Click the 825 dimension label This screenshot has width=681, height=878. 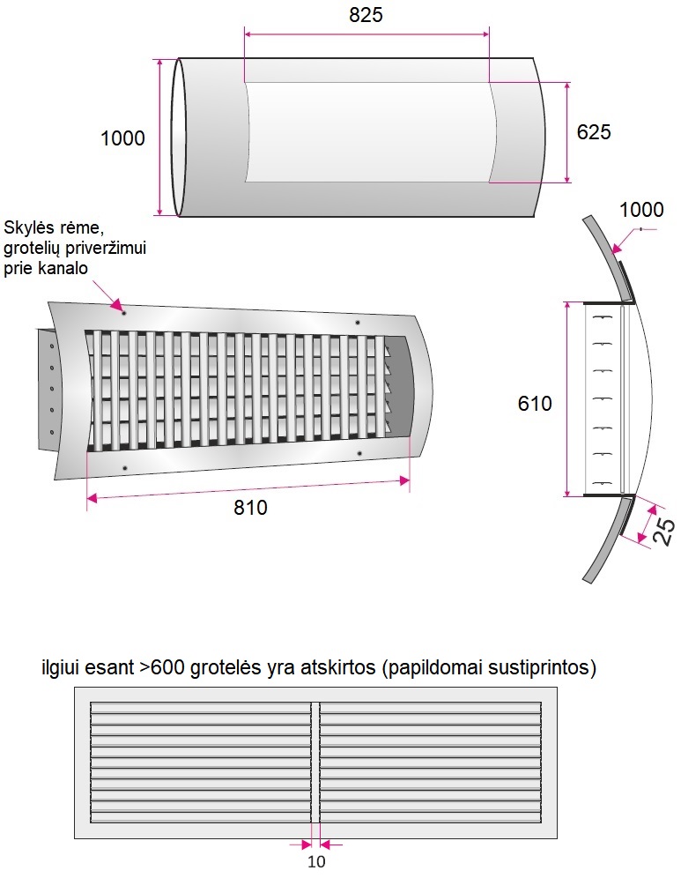coord(366,15)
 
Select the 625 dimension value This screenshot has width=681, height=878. coord(594,132)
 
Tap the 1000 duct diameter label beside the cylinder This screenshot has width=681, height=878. coord(122,138)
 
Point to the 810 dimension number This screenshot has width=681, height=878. coord(250,508)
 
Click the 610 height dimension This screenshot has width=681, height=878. coord(535,404)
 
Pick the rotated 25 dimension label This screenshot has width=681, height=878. coord(664,532)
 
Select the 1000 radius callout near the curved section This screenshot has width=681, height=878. coord(641,210)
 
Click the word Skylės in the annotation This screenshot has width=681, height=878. coord(28,227)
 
